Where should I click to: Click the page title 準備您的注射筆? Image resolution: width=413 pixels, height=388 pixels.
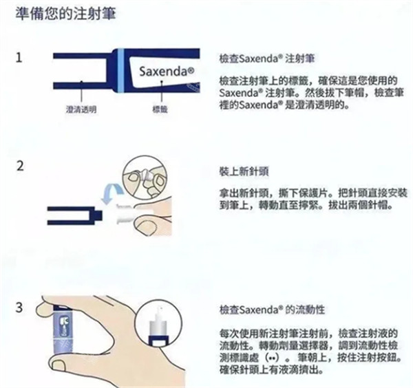click(x=65, y=14)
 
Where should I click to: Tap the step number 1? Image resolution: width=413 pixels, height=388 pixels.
click(x=19, y=58)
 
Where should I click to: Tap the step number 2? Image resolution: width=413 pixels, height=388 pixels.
click(x=20, y=166)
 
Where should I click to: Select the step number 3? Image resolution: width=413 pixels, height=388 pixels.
click(x=19, y=308)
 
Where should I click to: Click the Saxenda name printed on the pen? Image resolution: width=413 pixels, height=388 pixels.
click(x=167, y=72)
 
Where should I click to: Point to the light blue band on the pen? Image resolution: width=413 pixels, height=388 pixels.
click(x=120, y=71)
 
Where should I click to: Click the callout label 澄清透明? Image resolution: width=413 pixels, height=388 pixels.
click(x=81, y=109)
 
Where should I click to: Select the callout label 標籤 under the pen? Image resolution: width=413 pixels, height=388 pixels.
click(x=160, y=109)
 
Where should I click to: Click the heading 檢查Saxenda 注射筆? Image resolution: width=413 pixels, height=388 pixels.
click(x=267, y=58)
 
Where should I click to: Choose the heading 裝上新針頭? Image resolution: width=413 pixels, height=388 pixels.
click(x=244, y=171)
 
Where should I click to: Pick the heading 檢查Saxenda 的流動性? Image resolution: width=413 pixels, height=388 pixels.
click(x=272, y=310)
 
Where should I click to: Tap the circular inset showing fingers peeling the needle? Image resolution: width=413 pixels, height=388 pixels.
click(x=145, y=177)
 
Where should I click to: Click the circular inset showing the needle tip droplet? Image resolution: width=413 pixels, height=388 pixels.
click(x=158, y=325)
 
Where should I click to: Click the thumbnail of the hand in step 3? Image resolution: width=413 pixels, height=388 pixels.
click(x=59, y=365)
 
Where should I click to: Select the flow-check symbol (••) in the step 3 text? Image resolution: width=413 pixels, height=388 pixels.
click(x=272, y=358)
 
